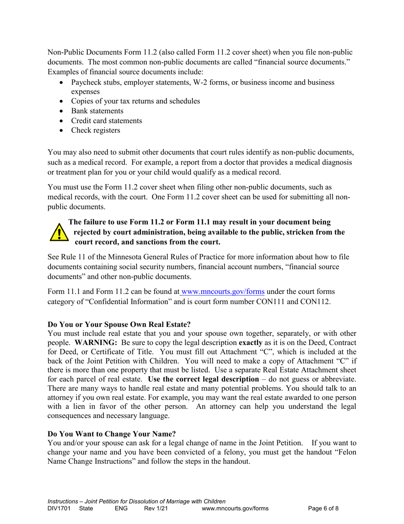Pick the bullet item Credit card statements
click(x=106, y=121)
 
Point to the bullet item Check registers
click(x=95, y=130)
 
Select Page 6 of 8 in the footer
click(x=324, y=508)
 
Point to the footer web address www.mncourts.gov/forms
click(x=235, y=508)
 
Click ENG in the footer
click(x=121, y=508)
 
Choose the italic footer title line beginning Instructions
click(x=137, y=501)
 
